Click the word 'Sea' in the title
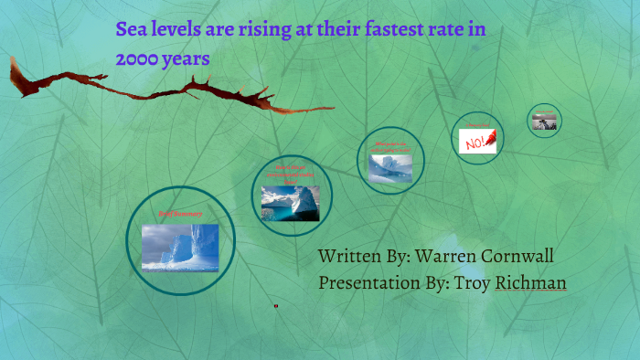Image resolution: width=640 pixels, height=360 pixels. (x=132, y=29)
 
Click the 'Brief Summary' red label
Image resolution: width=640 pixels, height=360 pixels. (x=180, y=214)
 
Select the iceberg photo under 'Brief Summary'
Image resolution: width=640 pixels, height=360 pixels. (x=180, y=247)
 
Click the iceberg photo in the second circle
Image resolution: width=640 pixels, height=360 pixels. (x=290, y=202)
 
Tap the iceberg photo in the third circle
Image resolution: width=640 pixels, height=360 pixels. (x=390, y=167)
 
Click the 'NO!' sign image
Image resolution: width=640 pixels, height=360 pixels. (x=476, y=142)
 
